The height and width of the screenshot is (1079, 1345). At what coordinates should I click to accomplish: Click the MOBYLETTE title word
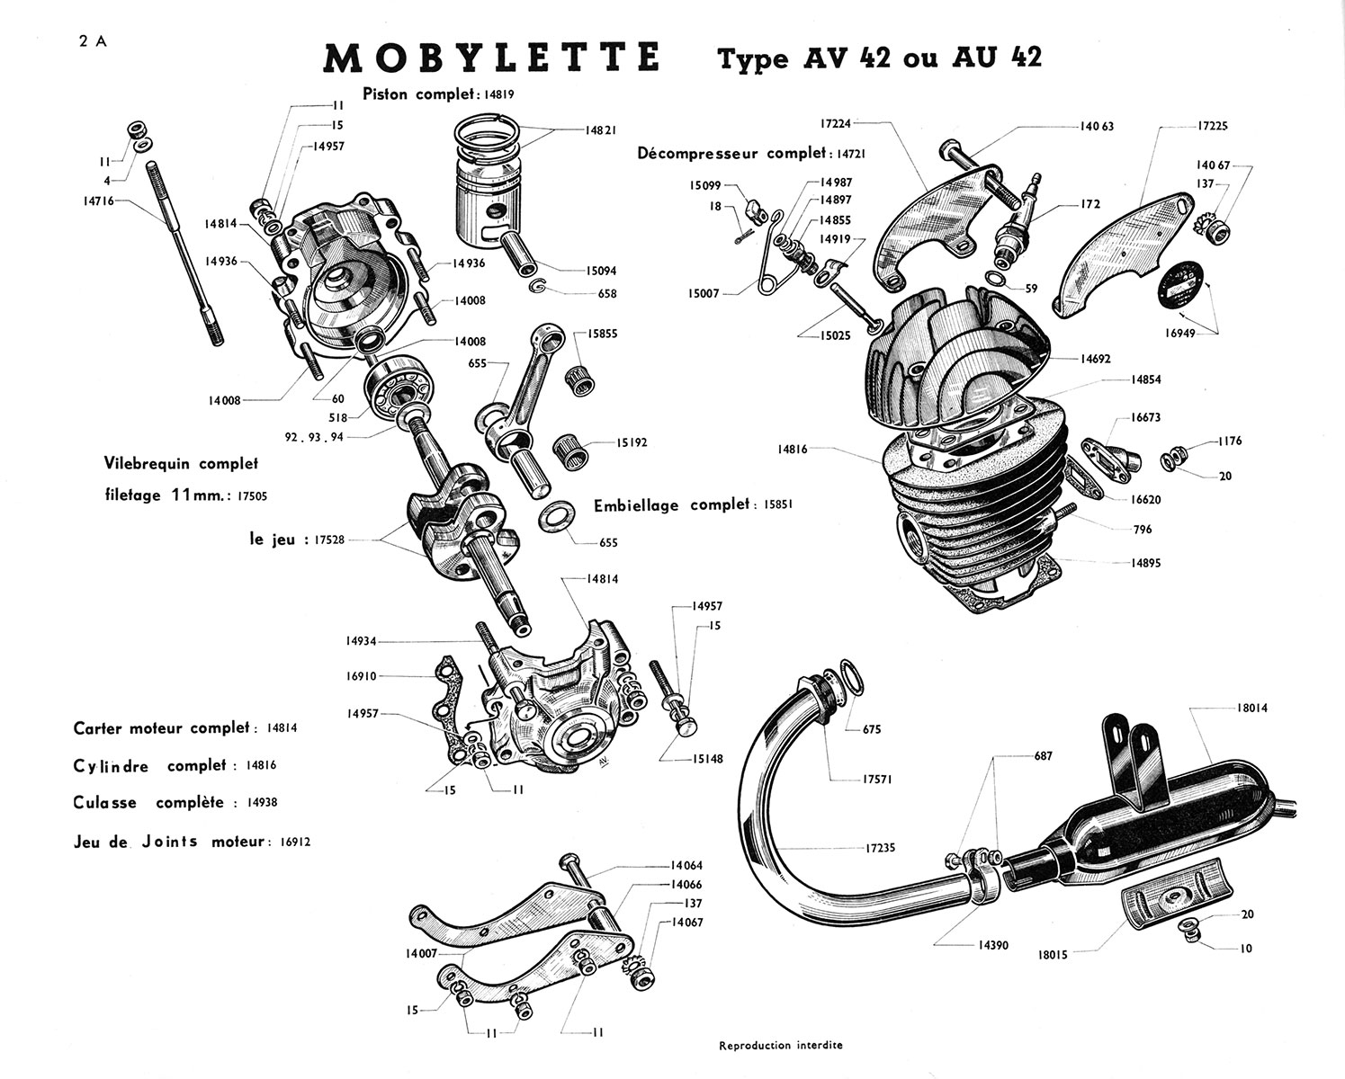click(x=491, y=58)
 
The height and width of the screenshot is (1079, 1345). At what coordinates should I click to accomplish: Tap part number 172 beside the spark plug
click(x=1090, y=205)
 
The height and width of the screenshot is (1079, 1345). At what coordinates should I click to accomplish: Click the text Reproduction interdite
click(x=781, y=1046)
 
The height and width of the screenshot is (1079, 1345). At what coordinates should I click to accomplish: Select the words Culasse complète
click(x=148, y=803)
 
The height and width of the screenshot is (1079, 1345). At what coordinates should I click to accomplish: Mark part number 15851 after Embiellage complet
click(x=778, y=504)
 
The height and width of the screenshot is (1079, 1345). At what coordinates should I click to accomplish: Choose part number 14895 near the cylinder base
click(x=1146, y=563)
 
